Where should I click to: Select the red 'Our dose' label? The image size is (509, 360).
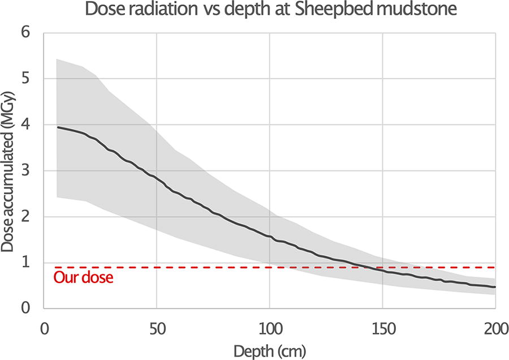(x=84, y=278)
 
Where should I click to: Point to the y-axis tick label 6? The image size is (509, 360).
(x=25, y=32)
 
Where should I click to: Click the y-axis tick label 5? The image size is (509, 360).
(x=25, y=78)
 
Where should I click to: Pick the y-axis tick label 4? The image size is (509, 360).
(x=25, y=125)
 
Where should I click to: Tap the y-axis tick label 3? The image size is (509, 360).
(x=25, y=170)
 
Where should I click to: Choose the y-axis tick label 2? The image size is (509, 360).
(x=25, y=216)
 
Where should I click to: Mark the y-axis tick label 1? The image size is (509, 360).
(x=25, y=263)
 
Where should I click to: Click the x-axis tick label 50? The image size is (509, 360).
(x=157, y=329)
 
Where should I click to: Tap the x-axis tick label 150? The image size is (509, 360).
(x=383, y=329)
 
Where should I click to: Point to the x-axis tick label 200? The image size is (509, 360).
(x=496, y=329)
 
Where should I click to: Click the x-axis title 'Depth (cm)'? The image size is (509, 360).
(x=270, y=352)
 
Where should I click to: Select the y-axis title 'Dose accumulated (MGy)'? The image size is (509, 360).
(x=7, y=172)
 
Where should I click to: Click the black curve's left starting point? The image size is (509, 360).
(x=58, y=127)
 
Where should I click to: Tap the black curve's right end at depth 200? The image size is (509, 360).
(x=495, y=287)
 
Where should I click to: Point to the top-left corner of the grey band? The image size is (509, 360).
(x=57, y=59)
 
